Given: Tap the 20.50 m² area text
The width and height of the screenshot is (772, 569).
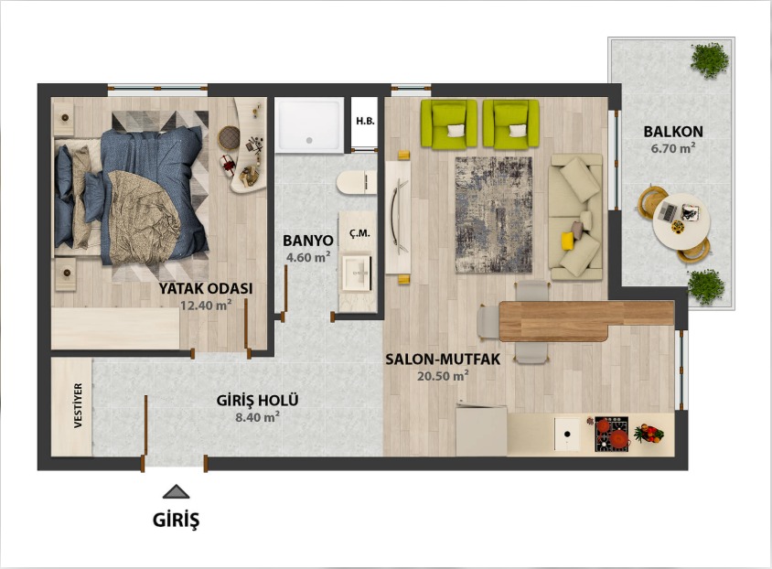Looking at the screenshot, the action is coord(443,376).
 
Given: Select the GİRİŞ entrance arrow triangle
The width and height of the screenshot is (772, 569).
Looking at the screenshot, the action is coord(177,492).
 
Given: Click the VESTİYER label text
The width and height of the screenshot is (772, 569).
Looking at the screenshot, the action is coord(79,405).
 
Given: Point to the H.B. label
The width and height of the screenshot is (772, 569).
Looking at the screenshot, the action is coord(365,121).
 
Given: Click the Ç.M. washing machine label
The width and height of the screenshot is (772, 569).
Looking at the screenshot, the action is coord(359,233).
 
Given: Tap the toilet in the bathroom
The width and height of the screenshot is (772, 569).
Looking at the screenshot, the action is coord(357,183).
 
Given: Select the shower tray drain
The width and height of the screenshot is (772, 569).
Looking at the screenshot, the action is coord(309,140).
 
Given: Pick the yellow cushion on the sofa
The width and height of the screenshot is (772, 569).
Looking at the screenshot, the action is coord(568,241).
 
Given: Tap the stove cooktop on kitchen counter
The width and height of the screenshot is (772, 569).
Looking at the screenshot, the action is coord(612,435).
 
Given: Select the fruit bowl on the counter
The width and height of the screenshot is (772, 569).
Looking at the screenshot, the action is coord(649,433).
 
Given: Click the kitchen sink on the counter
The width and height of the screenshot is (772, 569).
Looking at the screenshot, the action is coord(567,434).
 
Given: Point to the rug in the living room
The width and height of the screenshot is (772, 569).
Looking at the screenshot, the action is coord(493,215).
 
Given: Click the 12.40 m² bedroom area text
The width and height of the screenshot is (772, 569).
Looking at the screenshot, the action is coord(206,306).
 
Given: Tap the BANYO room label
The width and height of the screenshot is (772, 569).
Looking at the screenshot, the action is coord(307,241).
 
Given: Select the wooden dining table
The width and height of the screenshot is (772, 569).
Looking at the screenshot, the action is coord(586,321).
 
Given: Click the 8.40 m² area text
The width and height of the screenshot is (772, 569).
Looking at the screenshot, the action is coord(258,417).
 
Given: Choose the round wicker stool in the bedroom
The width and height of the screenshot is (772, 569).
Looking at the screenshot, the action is coord(229,137).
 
